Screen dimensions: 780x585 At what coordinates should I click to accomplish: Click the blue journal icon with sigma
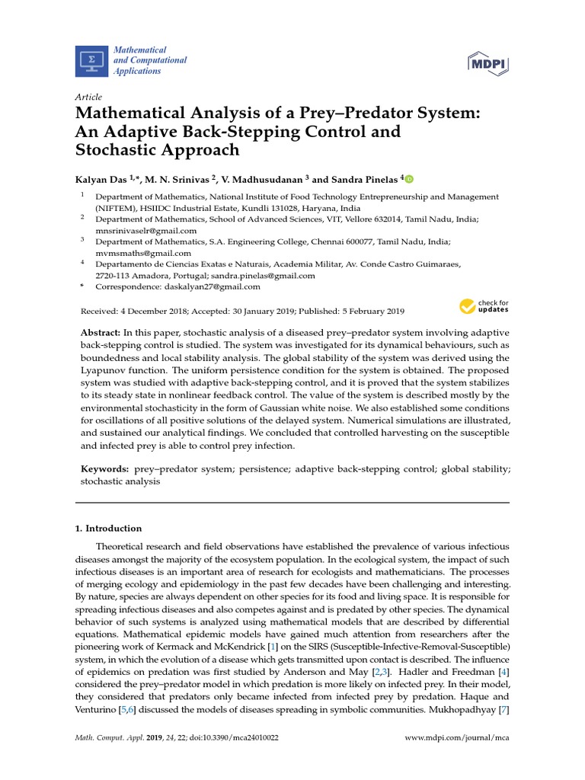click(92, 61)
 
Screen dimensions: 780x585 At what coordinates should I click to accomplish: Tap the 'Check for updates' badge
click(484, 306)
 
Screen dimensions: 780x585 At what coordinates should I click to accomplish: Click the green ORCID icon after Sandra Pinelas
click(409, 179)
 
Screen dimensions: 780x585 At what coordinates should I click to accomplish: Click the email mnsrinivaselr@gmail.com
click(145, 230)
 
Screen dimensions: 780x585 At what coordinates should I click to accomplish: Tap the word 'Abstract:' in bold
click(101, 334)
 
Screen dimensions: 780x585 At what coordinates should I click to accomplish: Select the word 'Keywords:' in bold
click(105, 470)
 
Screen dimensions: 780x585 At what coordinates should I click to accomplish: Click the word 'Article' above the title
click(88, 98)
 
